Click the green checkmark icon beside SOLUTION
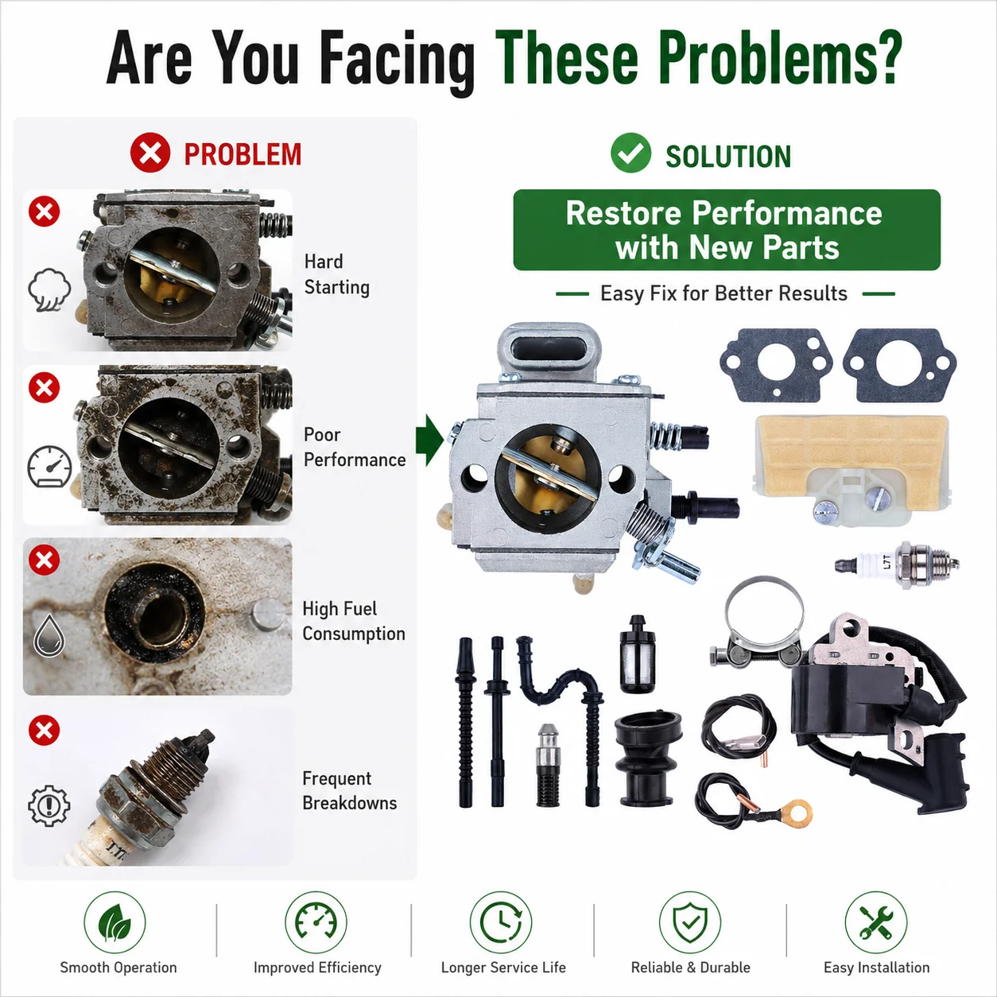(630, 153)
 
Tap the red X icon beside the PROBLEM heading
(150, 153)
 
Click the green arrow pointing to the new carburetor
(429, 440)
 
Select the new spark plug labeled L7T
(897, 564)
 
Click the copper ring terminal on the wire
(797, 812)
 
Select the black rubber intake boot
(648, 758)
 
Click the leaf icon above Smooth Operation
(114, 922)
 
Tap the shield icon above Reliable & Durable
(690, 922)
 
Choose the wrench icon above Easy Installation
(876, 922)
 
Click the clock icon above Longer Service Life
(501, 922)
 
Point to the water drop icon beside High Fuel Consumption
(49, 636)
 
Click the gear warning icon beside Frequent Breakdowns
(49, 805)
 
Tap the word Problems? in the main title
(781, 58)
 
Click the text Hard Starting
(337, 274)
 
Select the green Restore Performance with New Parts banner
(727, 230)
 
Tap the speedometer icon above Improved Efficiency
(316, 922)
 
